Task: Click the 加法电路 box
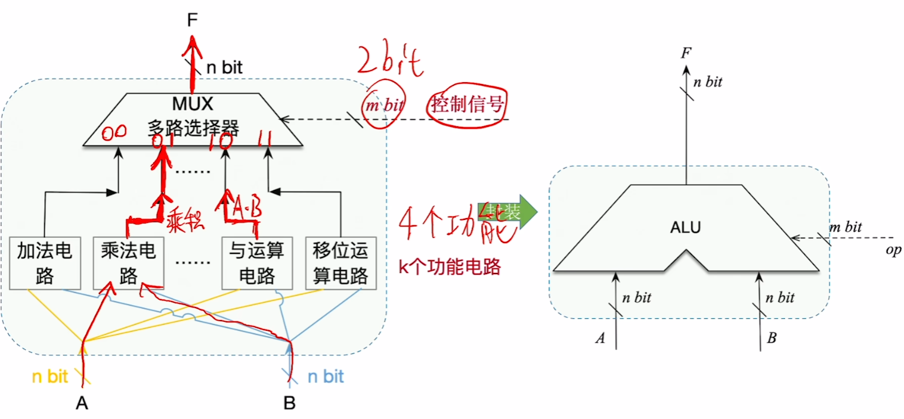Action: click(x=45, y=263)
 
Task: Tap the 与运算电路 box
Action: click(x=256, y=263)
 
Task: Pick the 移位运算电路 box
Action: click(x=340, y=263)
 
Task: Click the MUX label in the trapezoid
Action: click(x=193, y=104)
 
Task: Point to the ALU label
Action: click(x=685, y=227)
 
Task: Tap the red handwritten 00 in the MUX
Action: click(x=113, y=135)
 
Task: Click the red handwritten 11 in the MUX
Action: click(x=266, y=139)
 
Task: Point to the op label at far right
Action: click(x=893, y=250)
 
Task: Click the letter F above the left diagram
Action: click(x=191, y=20)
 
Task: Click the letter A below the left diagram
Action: click(x=82, y=404)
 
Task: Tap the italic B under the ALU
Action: click(x=772, y=339)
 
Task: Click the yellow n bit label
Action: click(x=49, y=377)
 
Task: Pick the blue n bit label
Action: click(x=326, y=377)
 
